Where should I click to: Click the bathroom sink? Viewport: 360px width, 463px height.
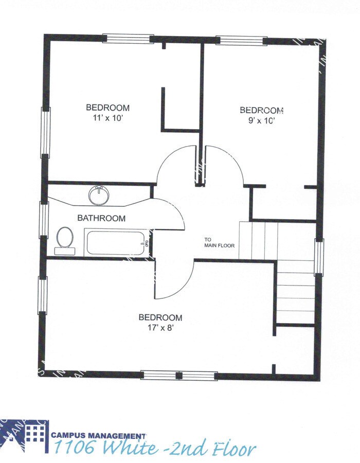coord(99,195)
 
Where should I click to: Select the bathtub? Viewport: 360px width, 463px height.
coord(116,243)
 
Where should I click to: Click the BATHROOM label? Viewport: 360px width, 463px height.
coord(101,218)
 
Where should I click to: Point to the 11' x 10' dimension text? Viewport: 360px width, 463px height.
coord(107,118)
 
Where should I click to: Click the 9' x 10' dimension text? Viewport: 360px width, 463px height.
coord(262,121)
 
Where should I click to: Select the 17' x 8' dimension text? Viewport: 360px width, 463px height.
coord(160,328)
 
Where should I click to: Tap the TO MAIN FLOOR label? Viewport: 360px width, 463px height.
coord(219,242)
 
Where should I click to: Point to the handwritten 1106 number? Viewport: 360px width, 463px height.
coord(74,449)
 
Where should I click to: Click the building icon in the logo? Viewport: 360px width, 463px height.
coord(35,434)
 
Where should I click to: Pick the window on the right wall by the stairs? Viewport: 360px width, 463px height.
coord(319,256)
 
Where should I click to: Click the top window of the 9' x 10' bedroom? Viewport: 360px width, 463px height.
coord(239,41)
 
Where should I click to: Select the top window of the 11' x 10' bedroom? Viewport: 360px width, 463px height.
coord(128,39)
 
